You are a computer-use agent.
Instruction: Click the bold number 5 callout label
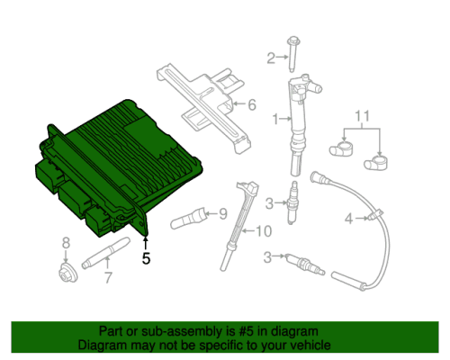146,258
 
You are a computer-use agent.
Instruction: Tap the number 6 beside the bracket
252,104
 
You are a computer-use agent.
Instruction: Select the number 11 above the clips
363,116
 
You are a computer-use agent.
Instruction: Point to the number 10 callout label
264,231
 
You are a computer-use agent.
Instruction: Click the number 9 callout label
223,214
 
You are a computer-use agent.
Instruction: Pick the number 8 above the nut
66,243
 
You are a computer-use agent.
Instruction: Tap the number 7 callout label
108,277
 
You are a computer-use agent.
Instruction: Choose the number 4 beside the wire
348,219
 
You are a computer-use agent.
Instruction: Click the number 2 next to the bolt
271,58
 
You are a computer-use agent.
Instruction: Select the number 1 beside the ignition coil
275,119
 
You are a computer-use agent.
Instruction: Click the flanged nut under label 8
67,272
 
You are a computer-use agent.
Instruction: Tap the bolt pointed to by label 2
293,54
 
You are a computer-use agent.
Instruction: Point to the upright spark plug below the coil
292,202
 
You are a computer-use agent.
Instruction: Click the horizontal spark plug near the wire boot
305,265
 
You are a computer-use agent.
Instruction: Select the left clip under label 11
341,149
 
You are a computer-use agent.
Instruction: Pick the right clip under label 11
376,163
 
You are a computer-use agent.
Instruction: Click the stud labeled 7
106,253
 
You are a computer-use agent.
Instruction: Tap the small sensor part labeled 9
188,219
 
